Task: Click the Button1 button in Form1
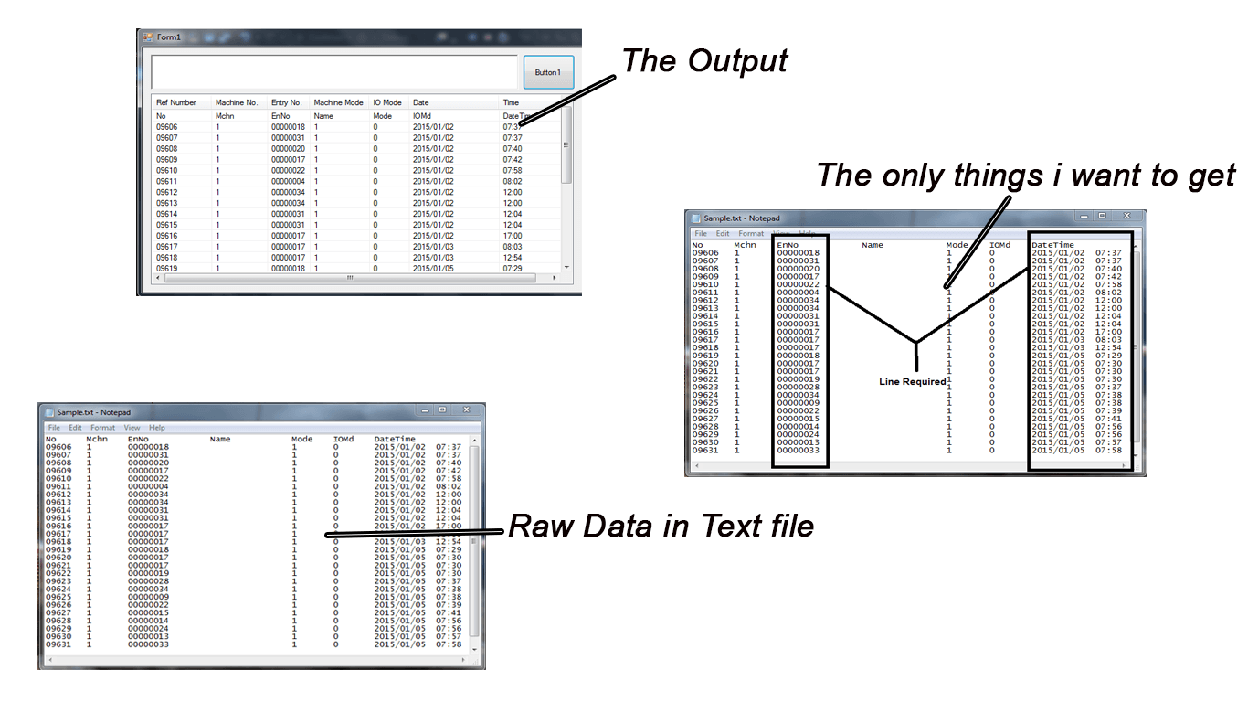click(548, 72)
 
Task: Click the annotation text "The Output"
click(703, 61)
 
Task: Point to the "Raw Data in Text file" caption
click(661, 526)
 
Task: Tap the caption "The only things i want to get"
click(1025, 175)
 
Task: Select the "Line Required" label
click(912, 382)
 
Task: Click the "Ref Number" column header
click(176, 103)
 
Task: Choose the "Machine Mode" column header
click(338, 103)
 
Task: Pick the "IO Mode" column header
click(387, 103)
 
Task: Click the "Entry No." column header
click(286, 103)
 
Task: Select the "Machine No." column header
click(237, 103)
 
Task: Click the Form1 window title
click(170, 37)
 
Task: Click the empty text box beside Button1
click(334, 72)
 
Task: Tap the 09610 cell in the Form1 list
click(167, 171)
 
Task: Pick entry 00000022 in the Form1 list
click(288, 171)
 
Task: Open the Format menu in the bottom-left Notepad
click(102, 428)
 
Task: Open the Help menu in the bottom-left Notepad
click(157, 428)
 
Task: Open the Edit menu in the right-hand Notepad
click(723, 234)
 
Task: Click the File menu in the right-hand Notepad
click(701, 234)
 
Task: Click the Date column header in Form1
click(420, 103)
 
